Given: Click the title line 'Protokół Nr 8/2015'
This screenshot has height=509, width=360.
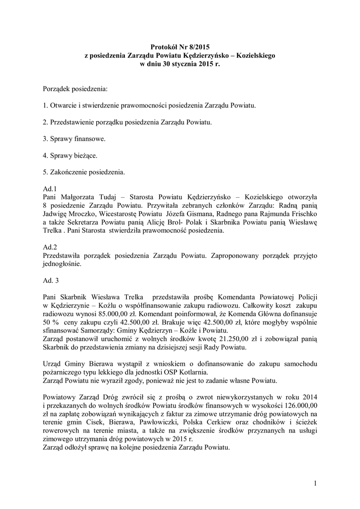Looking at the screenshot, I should tap(180, 47).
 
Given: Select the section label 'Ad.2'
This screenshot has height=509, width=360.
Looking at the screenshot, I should tap(50, 247).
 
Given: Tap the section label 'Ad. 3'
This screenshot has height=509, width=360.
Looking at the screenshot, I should tap(51, 281).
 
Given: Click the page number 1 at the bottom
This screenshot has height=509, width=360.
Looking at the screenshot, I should tap(315, 483).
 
